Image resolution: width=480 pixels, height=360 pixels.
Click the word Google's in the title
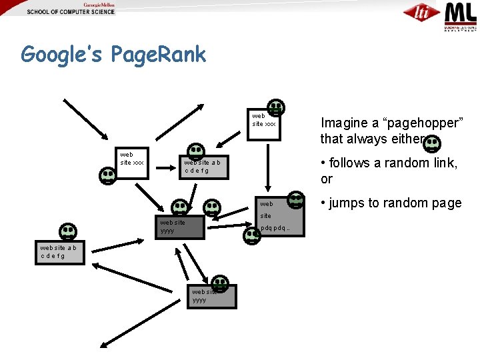pos(59,54)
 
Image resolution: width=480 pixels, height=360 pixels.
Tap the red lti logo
pos(421,12)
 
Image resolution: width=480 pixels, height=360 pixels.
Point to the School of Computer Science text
pos(71,12)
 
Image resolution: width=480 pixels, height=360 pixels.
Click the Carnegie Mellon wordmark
pos(98,4)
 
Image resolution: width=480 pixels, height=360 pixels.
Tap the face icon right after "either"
pos(433,142)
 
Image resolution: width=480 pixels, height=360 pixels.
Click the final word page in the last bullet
pos(446,203)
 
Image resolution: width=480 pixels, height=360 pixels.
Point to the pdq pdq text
pos(275,229)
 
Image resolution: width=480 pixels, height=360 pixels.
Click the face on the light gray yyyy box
pos(219,284)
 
